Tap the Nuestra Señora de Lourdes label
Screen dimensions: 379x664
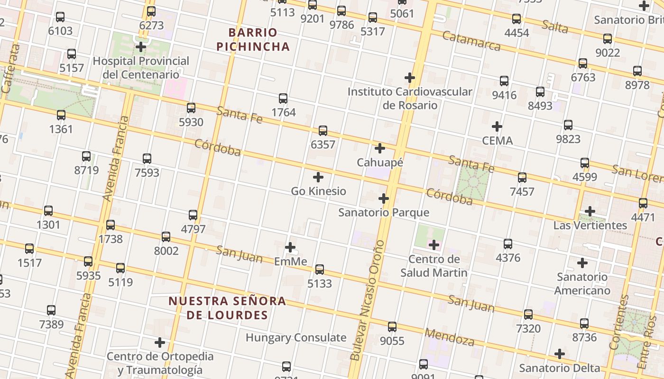(x=227, y=307)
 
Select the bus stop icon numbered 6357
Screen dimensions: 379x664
(x=323, y=131)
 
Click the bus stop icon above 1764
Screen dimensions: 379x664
(x=283, y=99)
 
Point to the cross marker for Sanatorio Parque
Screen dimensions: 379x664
(x=384, y=199)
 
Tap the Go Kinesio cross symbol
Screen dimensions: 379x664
(x=318, y=177)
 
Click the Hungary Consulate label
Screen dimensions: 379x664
(x=296, y=338)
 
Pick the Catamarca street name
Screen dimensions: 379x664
(x=471, y=41)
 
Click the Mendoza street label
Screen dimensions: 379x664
(x=449, y=337)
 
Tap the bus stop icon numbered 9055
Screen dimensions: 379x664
(x=392, y=327)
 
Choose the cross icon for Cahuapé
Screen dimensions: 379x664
(x=380, y=148)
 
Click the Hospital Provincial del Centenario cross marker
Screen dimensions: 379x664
(x=141, y=47)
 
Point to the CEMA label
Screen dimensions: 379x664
(x=497, y=141)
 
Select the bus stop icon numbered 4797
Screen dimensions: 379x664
(x=193, y=215)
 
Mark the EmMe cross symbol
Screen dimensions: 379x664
(x=290, y=247)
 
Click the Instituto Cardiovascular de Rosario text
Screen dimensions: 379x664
(x=410, y=98)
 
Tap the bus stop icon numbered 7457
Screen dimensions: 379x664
(x=522, y=178)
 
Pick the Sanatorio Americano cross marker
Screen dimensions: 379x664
(x=582, y=263)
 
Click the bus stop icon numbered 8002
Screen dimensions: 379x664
(x=166, y=236)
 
